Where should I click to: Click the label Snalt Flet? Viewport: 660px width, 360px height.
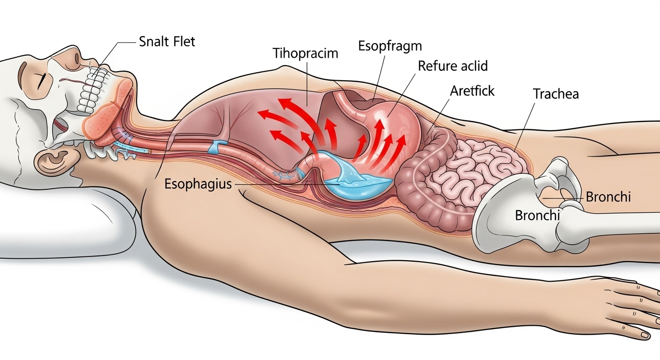point(167,41)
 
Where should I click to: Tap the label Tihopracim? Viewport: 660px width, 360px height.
point(305,53)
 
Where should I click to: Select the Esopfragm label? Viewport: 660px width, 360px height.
point(390,46)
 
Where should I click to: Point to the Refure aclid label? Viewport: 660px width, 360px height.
point(452,66)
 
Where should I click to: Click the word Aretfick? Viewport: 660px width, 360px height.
point(472,90)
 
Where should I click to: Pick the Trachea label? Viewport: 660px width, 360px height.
point(556,94)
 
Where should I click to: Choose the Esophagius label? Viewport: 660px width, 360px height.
point(198,184)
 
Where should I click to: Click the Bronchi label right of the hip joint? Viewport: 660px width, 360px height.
point(608,197)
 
